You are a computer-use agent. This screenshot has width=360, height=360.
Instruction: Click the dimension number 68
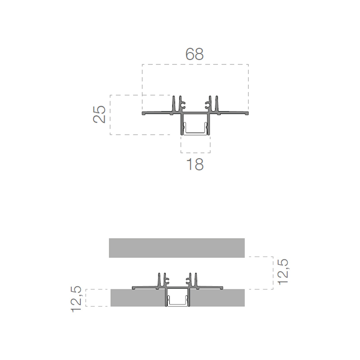[x=195, y=54]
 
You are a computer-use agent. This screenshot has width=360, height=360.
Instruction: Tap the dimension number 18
[x=195, y=164]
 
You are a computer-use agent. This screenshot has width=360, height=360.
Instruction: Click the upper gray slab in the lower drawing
[x=177, y=248]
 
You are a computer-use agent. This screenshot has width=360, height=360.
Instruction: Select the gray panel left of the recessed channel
[x=138, y=298]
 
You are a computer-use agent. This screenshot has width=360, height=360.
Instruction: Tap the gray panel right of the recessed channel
[x=217, y=298]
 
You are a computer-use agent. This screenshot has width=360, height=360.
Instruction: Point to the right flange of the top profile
[x=233, y=113]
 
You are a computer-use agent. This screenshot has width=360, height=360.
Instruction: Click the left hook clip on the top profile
[x=183, y=106]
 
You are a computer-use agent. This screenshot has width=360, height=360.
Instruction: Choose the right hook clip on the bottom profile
[x=188, y=281]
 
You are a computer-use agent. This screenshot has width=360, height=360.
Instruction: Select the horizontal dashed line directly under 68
[x=195, y=64]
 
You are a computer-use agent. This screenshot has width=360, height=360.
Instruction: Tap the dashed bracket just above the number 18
[x=195, y=152]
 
